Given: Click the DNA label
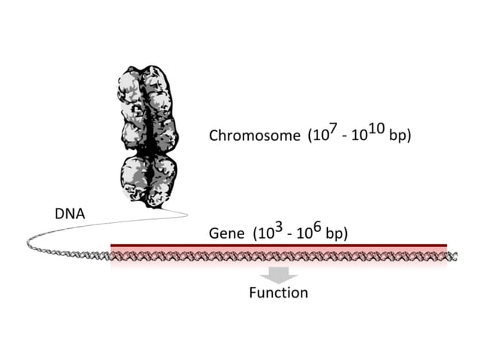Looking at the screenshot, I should [69, 214].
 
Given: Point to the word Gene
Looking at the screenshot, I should [227, 233].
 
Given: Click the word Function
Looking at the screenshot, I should [278, 292].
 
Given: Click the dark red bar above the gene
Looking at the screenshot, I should [278, 246].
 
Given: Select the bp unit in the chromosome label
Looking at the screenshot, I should [399, 136].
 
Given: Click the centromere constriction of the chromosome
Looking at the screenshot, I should [149, 151].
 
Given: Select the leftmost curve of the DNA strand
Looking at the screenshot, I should [29, 243].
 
